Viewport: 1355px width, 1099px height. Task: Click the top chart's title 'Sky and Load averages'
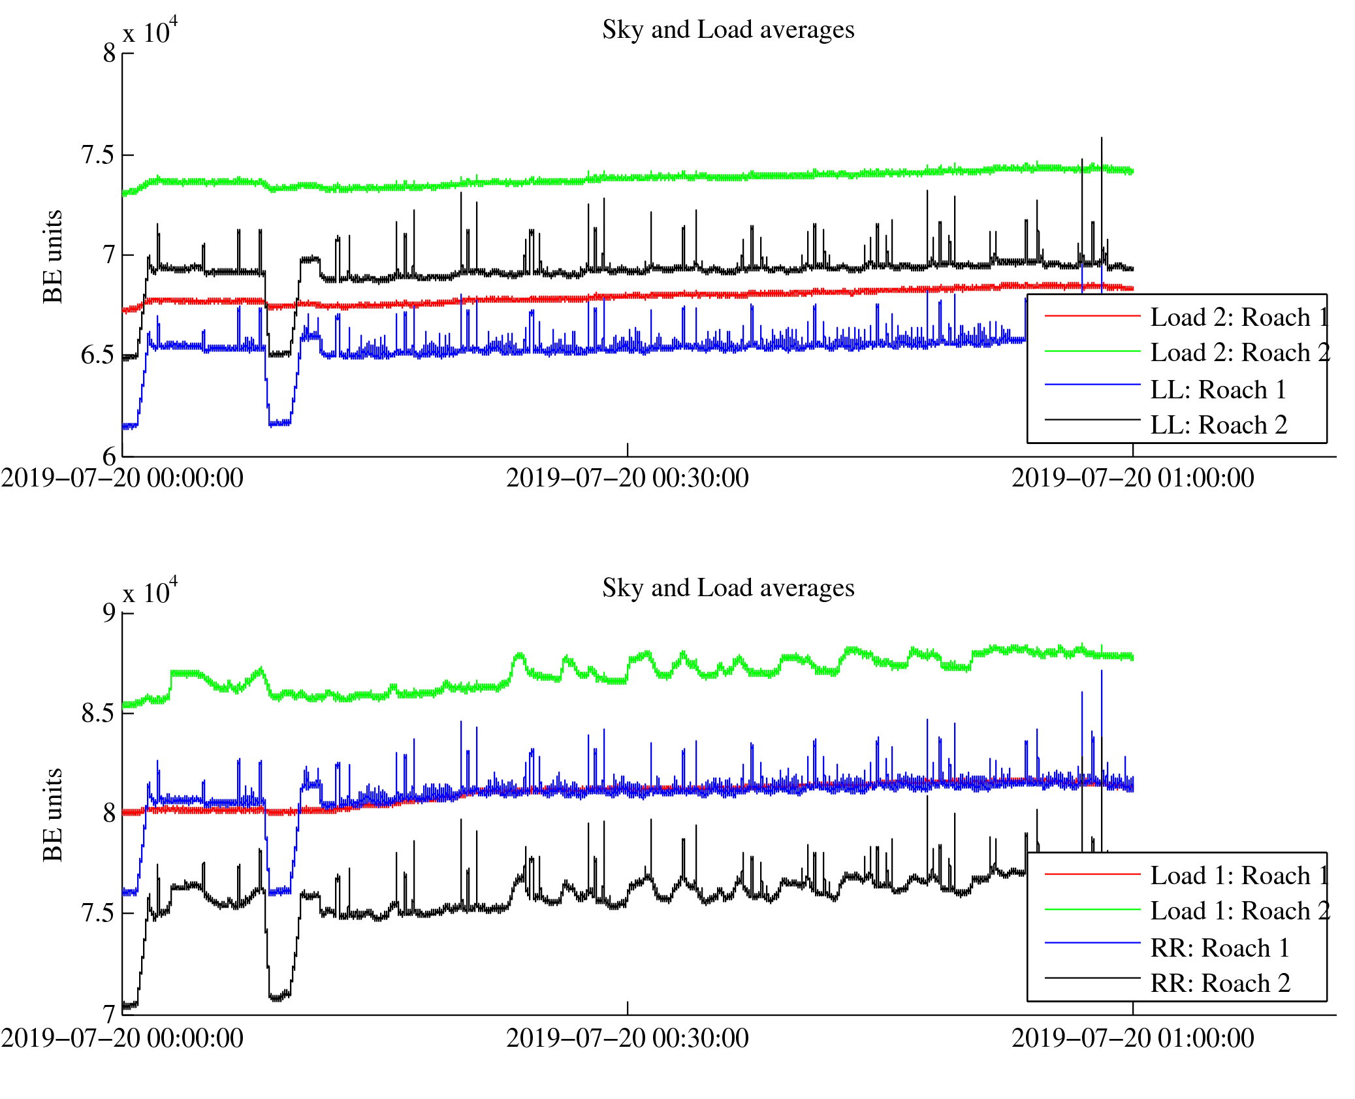[x=727, y=30]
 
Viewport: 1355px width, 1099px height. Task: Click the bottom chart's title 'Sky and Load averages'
[x=727, y=588]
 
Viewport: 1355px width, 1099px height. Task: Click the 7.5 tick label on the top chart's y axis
[x=97, y=155]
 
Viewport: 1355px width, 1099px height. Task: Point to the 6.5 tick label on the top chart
[x=97, y=356]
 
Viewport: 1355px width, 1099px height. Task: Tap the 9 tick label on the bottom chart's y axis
[x=108, y=613]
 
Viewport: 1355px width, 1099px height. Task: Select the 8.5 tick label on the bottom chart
[x=97, y=713]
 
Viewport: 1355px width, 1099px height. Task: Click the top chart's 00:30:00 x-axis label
[x=627, y=479]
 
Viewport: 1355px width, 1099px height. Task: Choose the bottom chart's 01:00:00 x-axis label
[x=1132, y=1039]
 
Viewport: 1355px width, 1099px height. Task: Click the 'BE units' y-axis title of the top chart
[x=52, y=256]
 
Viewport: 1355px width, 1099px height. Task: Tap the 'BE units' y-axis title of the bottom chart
[x=52, y=815]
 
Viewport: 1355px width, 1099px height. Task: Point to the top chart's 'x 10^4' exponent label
[x=150, y=31]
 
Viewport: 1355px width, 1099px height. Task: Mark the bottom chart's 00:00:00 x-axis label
[x=122, y=1039]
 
